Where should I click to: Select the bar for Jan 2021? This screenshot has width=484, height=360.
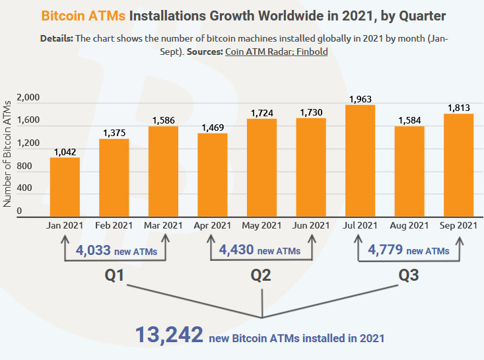click(x=65, y=186)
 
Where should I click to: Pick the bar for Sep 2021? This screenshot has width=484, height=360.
click(x=458, y=164)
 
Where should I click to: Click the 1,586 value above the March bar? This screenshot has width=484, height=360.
click(x=163, y=120)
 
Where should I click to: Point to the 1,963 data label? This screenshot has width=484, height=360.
click(x=360, y=99)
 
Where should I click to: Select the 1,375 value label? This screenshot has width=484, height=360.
click(x=114, y=133)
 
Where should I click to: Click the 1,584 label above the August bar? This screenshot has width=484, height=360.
click(x=409, y=120)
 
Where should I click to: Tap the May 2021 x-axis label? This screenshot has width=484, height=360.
click(x=261, y=226)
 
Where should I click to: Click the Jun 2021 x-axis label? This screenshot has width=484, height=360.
click(x=310, y=226)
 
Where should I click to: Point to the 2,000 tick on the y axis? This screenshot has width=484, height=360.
click(x=28, y=98)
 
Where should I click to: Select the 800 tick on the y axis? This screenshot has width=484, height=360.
click(x=32, y=166)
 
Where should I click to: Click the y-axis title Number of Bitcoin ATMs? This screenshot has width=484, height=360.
click(x=7, y=153)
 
